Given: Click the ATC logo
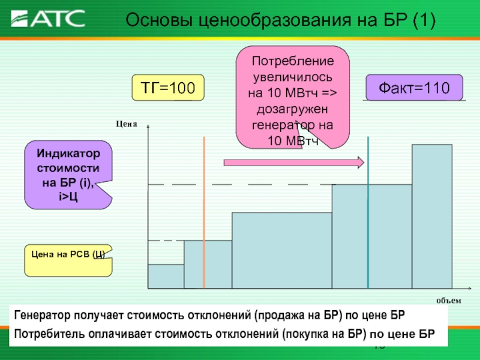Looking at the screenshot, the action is (48, 19).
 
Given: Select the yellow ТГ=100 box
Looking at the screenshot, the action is (168, 88).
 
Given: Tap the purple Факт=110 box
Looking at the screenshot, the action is (414, 88).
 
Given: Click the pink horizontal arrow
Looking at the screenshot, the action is (294, 162).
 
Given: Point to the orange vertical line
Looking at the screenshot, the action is (204, 212).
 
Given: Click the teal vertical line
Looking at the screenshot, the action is (368, 212).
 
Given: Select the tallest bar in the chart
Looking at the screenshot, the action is (432, 217).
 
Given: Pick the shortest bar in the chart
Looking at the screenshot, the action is (166, 277).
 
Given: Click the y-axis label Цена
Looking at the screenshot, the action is (127, 124).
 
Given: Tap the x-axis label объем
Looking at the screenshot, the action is (448, 301).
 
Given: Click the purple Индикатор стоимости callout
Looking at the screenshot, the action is (68, 175).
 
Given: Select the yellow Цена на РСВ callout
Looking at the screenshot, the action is (68, 260).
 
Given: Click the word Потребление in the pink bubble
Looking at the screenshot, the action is (293, 61).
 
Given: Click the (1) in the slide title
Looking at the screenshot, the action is (424, 20).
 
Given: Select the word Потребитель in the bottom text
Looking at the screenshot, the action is (49, 334).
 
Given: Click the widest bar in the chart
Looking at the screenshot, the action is (282, 250).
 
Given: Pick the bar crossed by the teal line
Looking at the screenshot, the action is (372, 236).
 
